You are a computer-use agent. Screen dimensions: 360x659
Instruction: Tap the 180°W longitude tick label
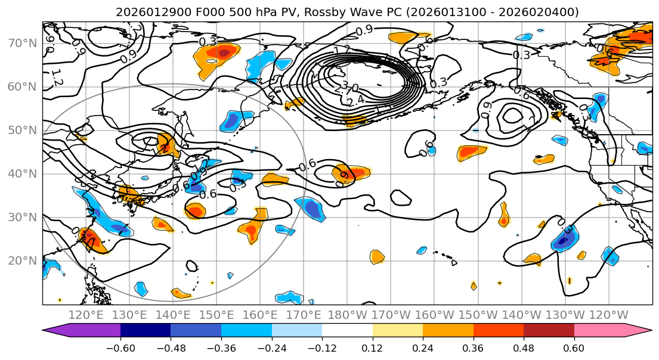coord(346,315)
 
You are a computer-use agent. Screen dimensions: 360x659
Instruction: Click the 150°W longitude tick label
coord(477,315)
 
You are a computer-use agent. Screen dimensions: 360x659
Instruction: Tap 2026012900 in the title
coord(146,12)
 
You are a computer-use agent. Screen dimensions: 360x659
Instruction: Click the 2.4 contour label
coord(355,101)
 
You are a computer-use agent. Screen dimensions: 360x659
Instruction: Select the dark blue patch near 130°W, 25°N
coord(564,240)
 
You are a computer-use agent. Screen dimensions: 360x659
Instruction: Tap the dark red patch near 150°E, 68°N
coord(224,52)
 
